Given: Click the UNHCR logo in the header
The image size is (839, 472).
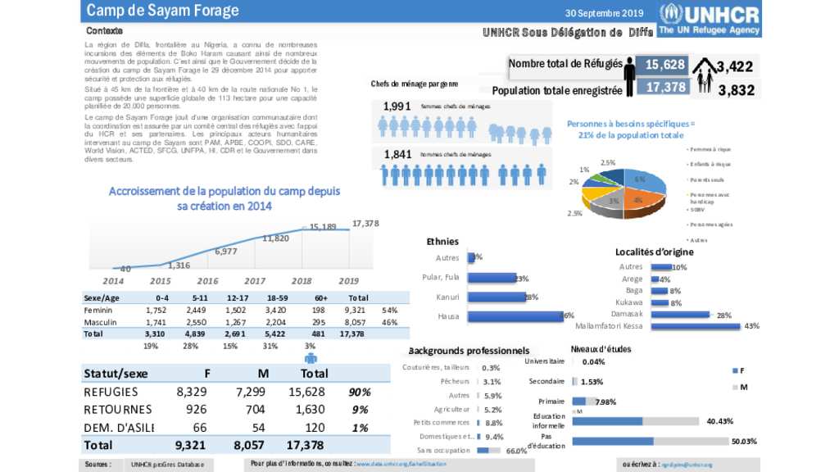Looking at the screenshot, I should tap(710, 19).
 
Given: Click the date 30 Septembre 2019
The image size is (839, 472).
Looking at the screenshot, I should tap(605, 12).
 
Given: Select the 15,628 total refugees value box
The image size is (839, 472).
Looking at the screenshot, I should tap(664, 65).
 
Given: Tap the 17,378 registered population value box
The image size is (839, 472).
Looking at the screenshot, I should tap(664, 87).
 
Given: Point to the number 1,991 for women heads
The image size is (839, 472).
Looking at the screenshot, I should tap(397, 107).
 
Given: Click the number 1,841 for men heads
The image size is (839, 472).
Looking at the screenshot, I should tap(397, 154).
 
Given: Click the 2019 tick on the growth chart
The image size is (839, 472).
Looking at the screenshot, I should tap(349, 280).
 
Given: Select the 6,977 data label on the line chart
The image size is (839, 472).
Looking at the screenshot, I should tap(226, 252).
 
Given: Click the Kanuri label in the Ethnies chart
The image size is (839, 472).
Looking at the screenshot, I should tap(448, 297).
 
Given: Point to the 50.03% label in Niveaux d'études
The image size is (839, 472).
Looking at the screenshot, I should tap(744, 441).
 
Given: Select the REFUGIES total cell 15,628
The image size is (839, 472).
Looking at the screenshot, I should tap(309, 393).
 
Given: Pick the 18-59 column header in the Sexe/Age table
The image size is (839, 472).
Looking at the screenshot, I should tap(277, 298).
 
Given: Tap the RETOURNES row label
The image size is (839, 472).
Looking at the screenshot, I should tap(118, 410).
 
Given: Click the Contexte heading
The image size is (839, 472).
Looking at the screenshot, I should tap(104, 30).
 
